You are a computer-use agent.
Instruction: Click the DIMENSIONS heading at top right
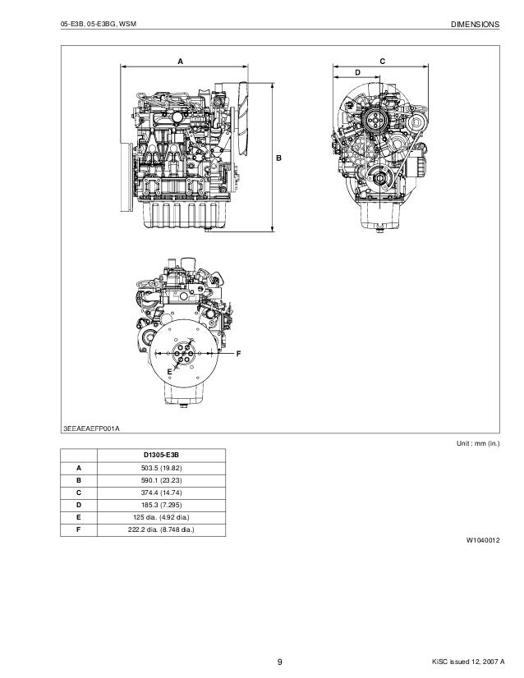475,25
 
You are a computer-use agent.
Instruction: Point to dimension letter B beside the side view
278,156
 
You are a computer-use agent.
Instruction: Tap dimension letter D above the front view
357,73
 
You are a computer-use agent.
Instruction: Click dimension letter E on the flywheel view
170,373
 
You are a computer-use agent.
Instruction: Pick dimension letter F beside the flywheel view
238,353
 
